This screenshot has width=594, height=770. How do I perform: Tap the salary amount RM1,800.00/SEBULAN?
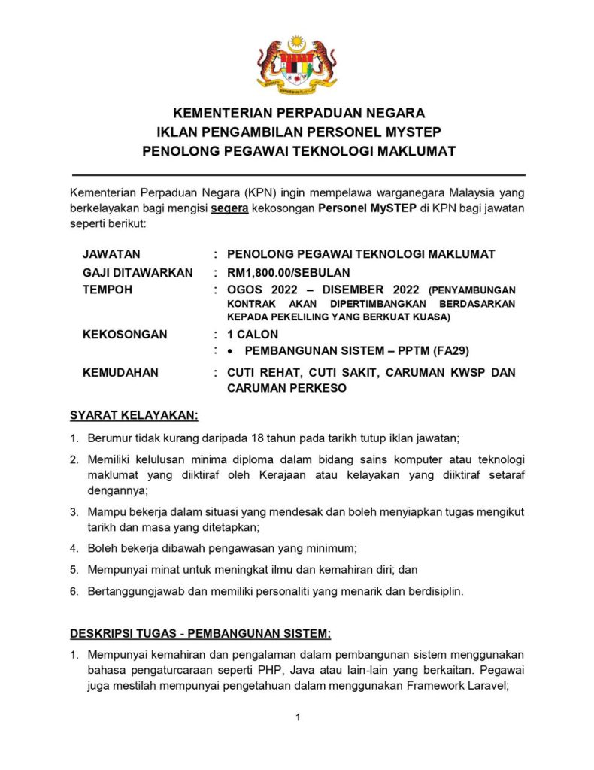tap(288, 272)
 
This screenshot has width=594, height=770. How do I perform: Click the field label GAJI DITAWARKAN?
tap(137, 272)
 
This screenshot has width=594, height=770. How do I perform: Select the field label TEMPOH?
tap(108, 290)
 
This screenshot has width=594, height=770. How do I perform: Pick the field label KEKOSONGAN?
tap(124, 334)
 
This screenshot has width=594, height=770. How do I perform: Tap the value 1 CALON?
tap(252, 334)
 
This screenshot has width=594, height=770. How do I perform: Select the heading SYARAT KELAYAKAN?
tap(134, 415)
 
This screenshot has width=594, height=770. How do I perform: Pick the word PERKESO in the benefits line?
tap(271, 388)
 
